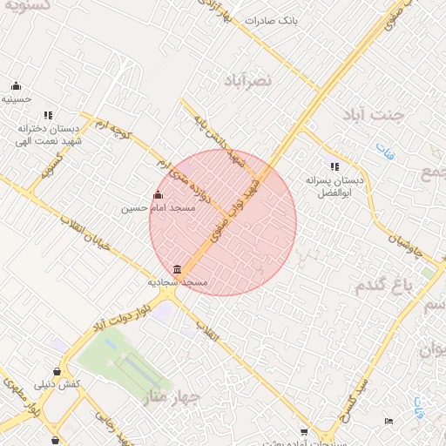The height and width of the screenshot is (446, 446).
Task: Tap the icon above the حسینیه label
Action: click(x=16, y=85)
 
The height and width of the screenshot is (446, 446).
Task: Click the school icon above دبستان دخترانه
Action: click(x=48, y=115)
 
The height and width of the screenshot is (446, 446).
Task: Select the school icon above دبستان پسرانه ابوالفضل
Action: click(x=333, y=166)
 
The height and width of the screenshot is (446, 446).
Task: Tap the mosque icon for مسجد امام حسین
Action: click(x=158, y=195)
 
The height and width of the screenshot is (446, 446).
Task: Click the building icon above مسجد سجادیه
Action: click(x=178, y=268)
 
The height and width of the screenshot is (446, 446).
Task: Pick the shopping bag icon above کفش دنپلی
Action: click(x=57, y=370)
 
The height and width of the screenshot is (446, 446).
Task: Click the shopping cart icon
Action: click(x=303, y=431)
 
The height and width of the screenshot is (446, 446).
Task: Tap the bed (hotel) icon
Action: click(x=389, y=422)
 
